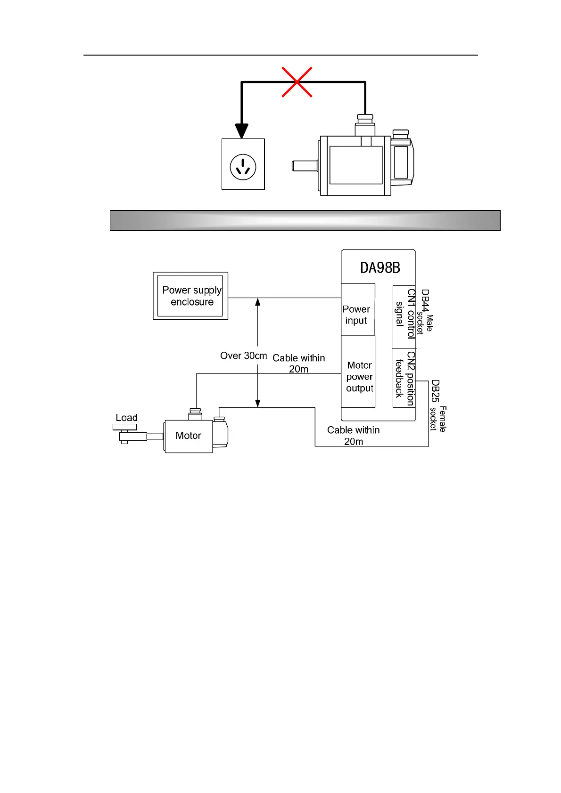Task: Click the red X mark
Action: click(297, 82)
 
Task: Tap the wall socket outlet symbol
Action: click(243, 166)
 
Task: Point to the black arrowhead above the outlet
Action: click(241, 130)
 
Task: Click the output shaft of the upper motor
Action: click(305, 166)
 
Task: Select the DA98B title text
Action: click(380, 268)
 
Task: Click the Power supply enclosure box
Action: click(190, 296)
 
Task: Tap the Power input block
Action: click(357, 314)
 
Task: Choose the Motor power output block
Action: click(359, 376)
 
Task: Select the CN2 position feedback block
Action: click(404, 378)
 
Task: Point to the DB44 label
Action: click(425, 301)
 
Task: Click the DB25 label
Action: click(435, 391)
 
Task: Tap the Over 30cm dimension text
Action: click(243, 356)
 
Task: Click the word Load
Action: click(126, 418)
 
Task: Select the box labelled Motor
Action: click(188, 436)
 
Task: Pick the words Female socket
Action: click(437, 419)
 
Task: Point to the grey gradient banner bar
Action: click(305, 220)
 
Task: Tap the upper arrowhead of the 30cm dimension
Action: click(258, 302)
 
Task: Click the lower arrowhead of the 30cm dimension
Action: click(258, 403)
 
